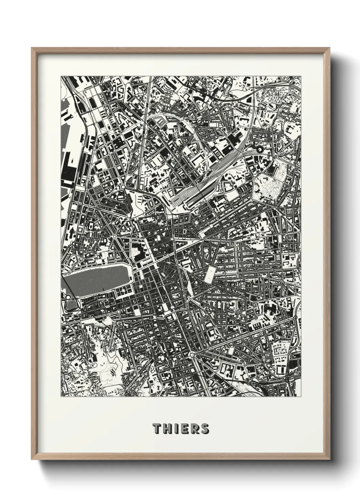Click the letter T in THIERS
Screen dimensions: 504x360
(157, 428)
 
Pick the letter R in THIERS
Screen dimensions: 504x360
(194, 428)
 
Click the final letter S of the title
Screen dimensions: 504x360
(204, 428)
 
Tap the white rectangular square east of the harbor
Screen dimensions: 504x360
(210, 274)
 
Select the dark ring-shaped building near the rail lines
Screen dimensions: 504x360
(260, 149)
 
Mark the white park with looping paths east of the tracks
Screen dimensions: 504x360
(269, 187)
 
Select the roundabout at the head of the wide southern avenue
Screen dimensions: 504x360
(192, 355)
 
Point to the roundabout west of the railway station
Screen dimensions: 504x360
(121, 186)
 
